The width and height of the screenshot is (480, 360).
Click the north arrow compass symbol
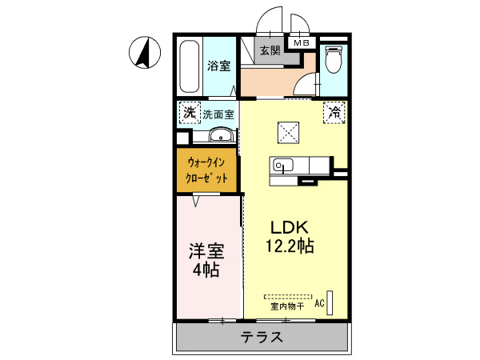tap(142, 54)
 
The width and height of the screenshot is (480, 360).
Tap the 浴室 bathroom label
tap(219, 66)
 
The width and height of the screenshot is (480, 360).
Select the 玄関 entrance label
tap(270, 51)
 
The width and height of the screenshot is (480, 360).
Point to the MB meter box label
tap(302, 43)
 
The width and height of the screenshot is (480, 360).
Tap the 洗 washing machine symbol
tap(189, 113)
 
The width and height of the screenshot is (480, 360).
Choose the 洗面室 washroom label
tap(218, 114)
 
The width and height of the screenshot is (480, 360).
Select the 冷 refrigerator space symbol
tap(334, 113)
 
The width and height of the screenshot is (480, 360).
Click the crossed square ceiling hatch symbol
tap(287, 130)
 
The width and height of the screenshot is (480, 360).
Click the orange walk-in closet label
tap(207, 170)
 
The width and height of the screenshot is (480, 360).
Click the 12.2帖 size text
tap(282, 246)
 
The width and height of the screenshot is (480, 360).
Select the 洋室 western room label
tap(206, 250)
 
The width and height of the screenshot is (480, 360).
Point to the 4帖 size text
tap(206, 270)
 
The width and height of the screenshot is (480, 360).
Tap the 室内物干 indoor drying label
tap(286, 306)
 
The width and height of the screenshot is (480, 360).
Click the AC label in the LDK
tap(319, 303)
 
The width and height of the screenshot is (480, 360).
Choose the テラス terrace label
tap(262, 338)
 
